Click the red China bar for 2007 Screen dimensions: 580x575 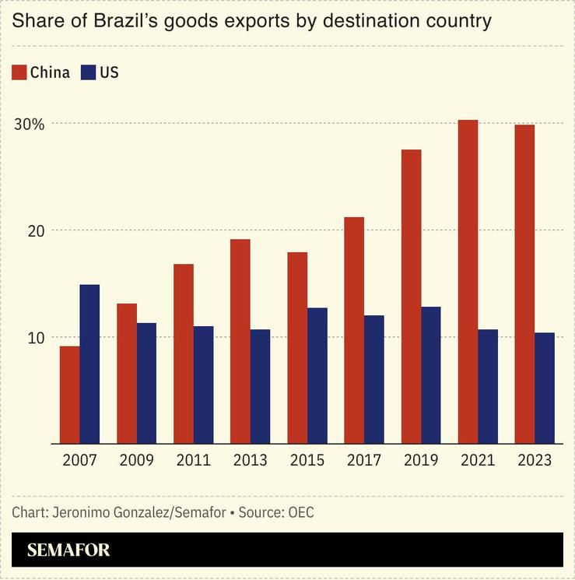(69, 395)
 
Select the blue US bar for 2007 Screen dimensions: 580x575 (89, 364)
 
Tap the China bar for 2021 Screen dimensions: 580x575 (468, 282)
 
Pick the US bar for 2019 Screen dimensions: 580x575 (431, 375)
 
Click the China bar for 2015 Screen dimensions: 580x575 (297, 348)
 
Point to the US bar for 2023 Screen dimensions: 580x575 (545, 388)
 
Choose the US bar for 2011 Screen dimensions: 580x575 (203, 385)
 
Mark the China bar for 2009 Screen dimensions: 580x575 (126, 374)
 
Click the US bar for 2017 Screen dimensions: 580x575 (374, 379)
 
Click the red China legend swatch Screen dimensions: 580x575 (19, 73)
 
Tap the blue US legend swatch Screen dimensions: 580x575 (89, 73)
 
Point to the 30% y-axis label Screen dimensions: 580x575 (28, 124)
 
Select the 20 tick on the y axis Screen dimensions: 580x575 (27, 230)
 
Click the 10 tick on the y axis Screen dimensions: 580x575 (27, 337)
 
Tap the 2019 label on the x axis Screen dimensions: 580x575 (421, 460)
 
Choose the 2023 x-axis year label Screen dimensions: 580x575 (535, 460)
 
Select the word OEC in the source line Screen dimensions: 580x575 (300, 512)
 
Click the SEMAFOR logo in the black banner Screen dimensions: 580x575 (68, 550)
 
